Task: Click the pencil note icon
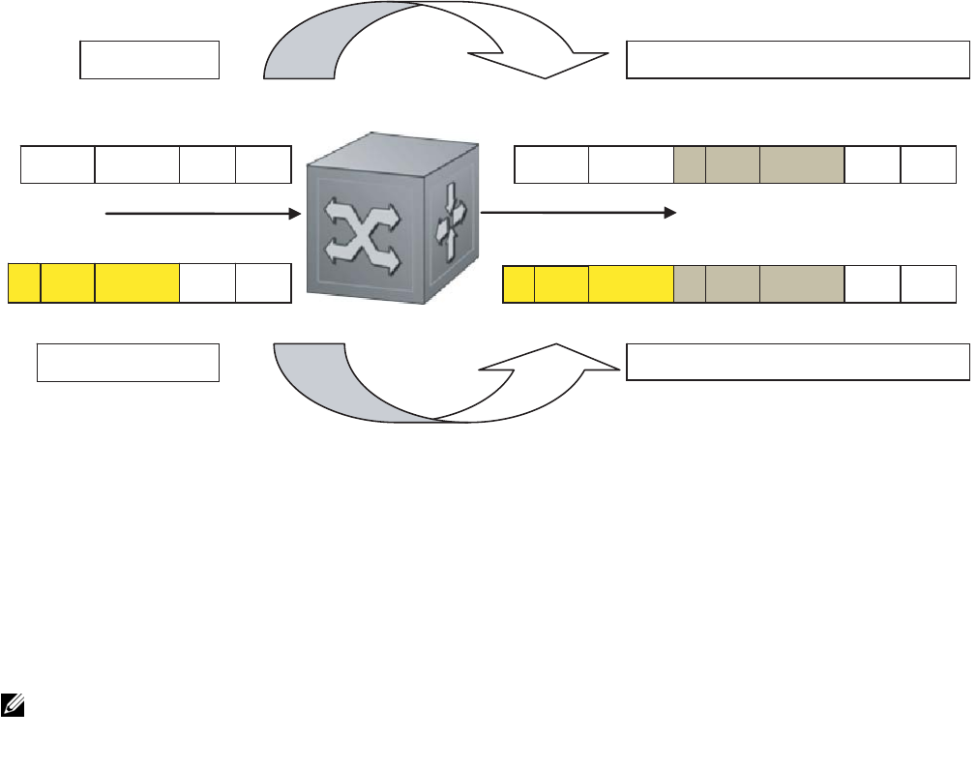point(13,705)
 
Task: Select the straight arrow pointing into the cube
point(203,214)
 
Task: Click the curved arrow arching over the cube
point(426,39)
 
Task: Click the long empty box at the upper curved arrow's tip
point(798,59)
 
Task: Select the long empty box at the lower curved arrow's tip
point(798,361)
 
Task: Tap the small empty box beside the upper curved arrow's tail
point(149,59)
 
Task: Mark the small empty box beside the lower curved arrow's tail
point(128,361)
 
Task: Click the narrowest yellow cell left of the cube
point(24,282)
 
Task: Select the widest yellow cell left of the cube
point(136,282)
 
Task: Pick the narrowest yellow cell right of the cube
point(518,282)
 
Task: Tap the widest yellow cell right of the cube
point(631,282)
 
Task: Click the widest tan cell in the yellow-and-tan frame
point(801,282)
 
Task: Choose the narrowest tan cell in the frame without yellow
point(689,164)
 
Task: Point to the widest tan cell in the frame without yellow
point(801,164)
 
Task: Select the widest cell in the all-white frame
point(136,164)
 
